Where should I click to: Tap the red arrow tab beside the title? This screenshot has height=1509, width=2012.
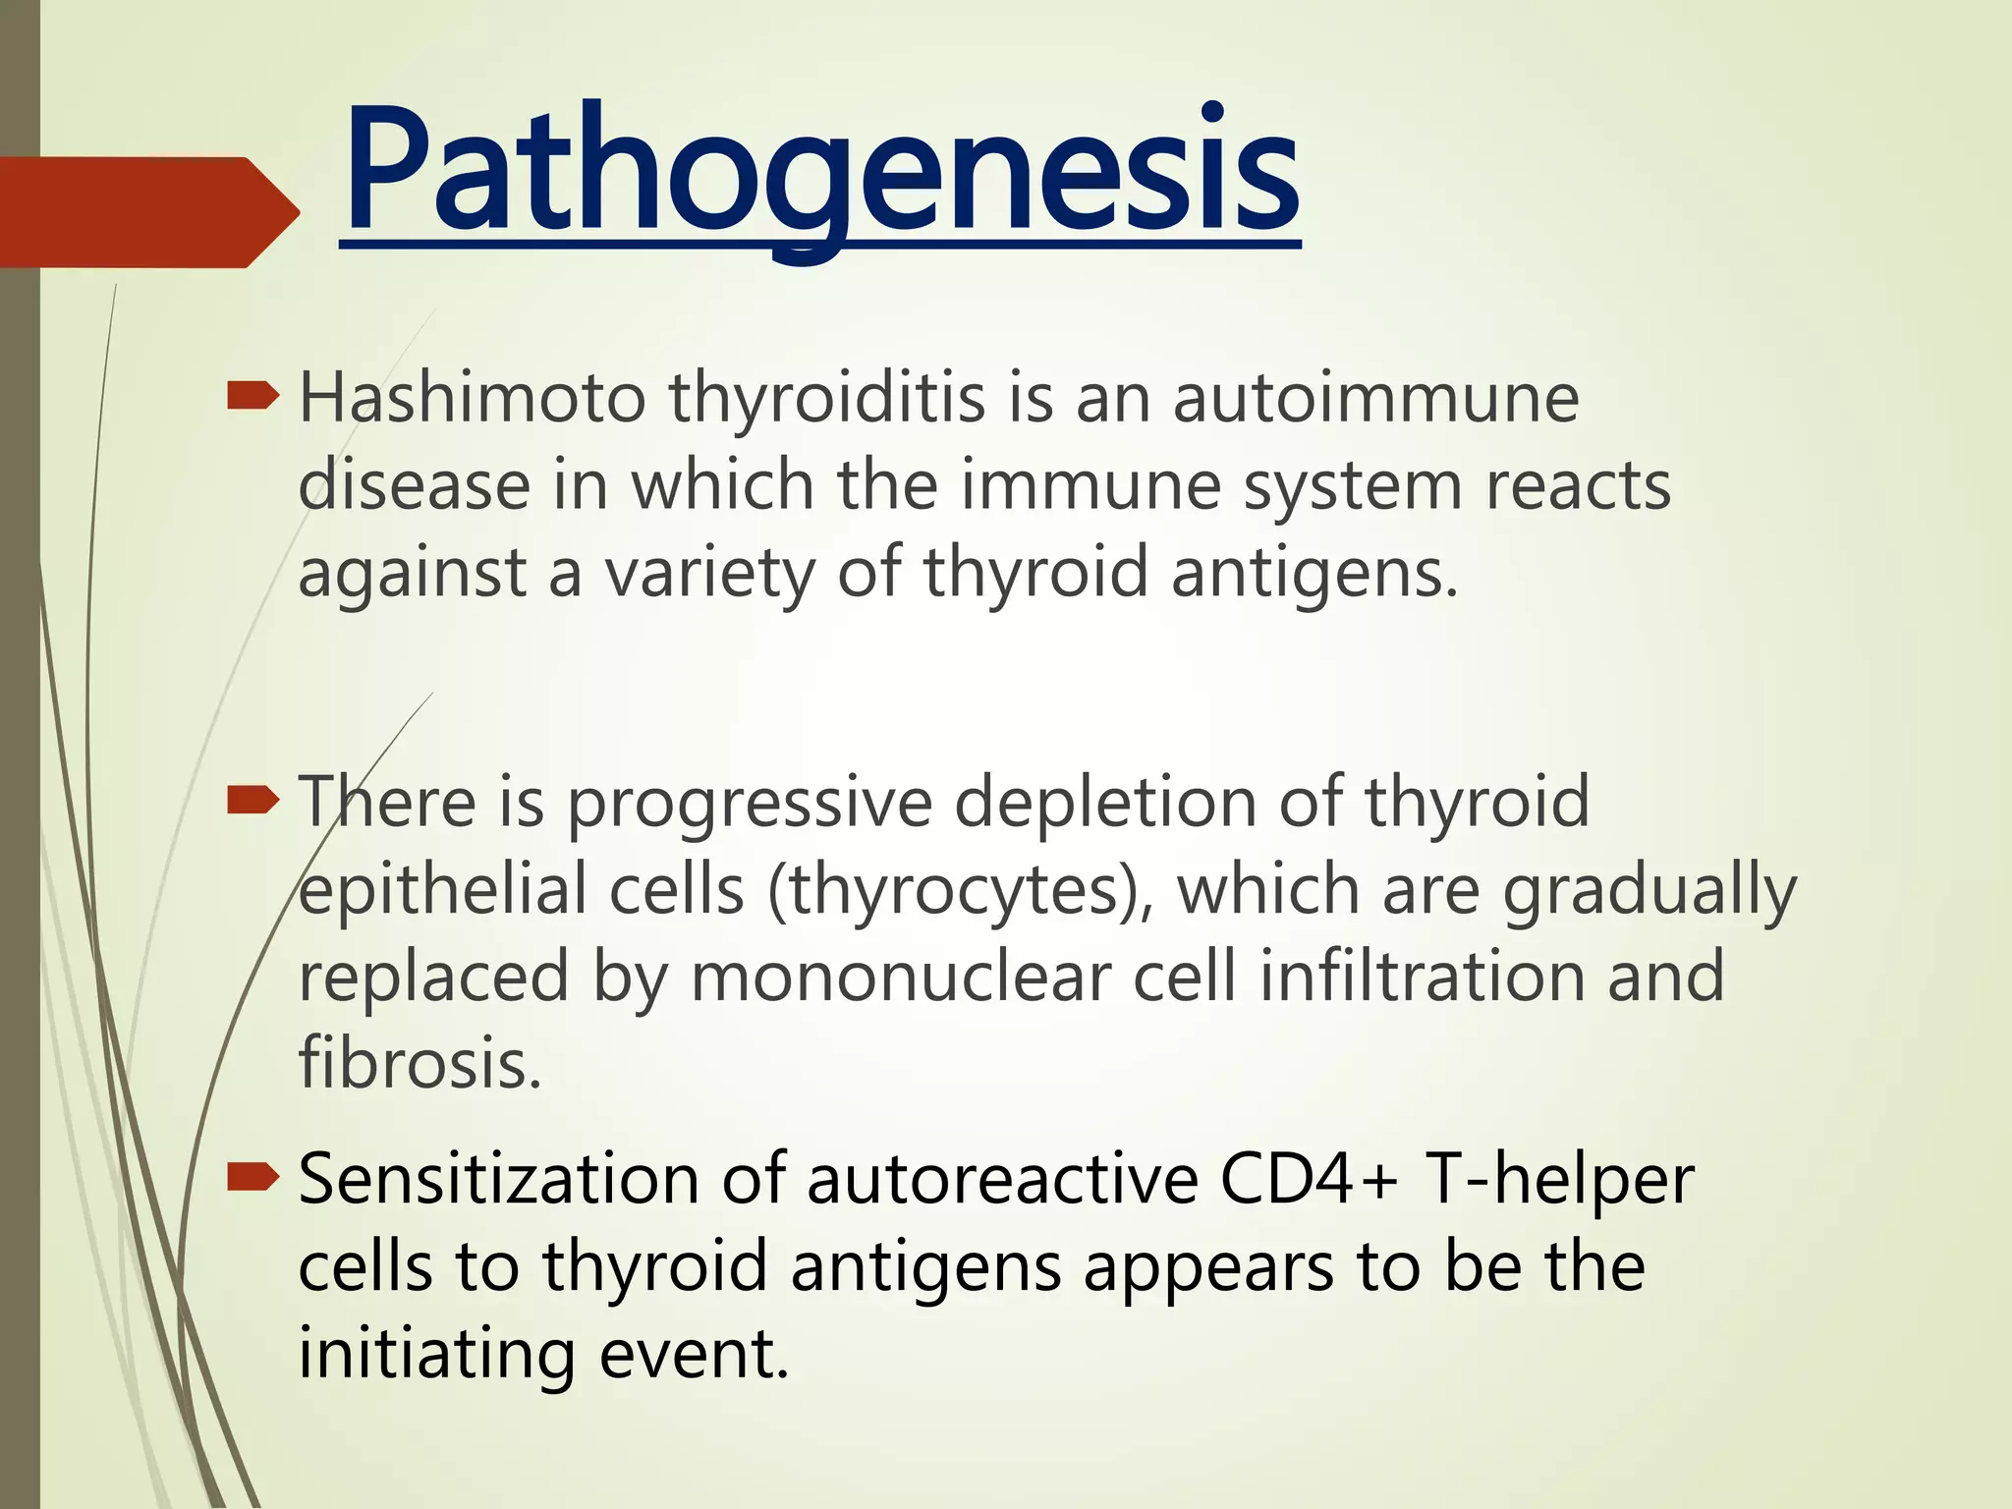(x=147, y=212)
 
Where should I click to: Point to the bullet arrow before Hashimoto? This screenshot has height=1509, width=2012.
(x=252, y=397)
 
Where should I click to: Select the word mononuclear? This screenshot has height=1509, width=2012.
(x=899, y=977)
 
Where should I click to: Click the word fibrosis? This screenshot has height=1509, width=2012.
(x=419, y=1063)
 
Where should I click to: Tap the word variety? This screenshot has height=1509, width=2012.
(x=708, y=573)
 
